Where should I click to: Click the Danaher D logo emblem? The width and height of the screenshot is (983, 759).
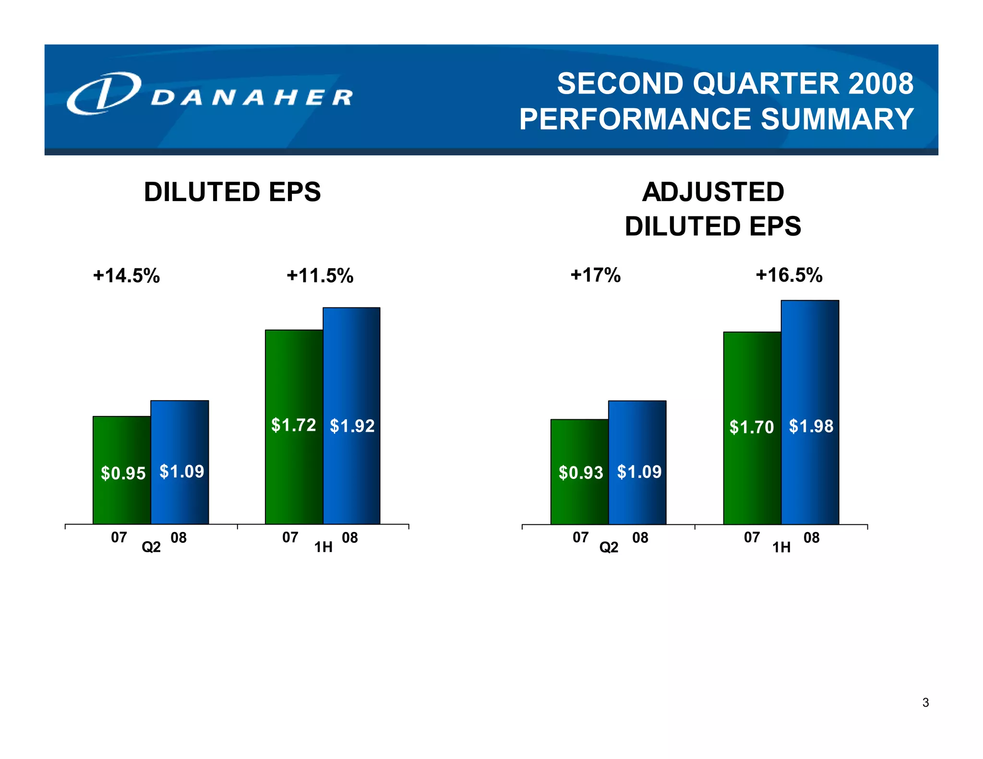104,94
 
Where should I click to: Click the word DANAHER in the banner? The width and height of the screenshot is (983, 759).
252,97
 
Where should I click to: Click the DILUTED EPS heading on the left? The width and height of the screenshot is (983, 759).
232,192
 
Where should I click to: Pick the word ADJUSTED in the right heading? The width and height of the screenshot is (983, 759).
713,192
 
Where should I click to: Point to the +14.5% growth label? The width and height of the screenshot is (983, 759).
126,276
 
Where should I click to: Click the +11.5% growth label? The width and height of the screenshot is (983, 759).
320,276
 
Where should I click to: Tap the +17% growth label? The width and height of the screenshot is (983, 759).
595,275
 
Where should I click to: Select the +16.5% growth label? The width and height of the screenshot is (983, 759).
789,275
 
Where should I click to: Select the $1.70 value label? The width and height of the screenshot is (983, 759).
752,427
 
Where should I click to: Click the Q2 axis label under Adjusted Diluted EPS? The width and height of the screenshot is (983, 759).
609,547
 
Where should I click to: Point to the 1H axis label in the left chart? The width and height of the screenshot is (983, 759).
323,547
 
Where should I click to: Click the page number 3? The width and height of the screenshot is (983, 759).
925,703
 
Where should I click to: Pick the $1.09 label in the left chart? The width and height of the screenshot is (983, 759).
181,472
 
